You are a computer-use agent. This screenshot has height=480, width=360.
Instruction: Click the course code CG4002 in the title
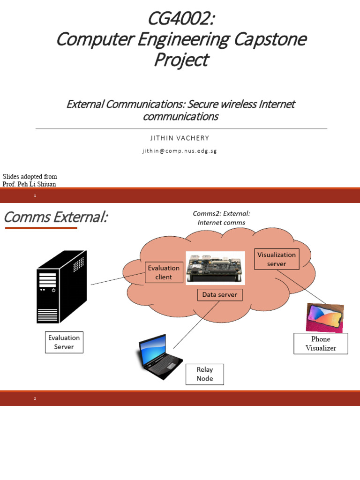tap(180, 19)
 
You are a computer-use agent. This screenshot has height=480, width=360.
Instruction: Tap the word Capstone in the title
tap(269, 39)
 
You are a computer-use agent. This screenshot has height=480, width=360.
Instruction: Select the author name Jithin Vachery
tap(180, 138)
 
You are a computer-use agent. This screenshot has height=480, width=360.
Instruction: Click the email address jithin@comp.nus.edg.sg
tap(180, 151)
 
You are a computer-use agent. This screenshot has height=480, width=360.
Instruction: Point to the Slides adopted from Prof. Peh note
tap(30, 180)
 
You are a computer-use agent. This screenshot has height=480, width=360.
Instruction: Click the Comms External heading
tap(55, 217)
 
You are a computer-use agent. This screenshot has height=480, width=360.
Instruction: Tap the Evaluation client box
tap(164, 272)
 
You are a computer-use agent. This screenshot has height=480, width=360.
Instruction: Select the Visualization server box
tap(277, 259)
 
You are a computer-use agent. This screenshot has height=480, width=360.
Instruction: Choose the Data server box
tap(220, 295)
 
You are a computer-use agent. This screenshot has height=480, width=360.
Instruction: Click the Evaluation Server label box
tap(64, 342)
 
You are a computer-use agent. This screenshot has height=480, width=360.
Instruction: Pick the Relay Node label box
tap(205, 374)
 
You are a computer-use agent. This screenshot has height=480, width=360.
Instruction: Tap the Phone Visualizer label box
tap(321, 344)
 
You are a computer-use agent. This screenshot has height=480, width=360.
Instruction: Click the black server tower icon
tap(61, 287)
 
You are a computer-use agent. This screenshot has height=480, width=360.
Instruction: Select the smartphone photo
tap(324, 317)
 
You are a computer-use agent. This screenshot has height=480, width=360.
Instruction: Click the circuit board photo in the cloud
tap(215, 268)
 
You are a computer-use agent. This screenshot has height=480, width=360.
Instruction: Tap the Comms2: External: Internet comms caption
tap(221, 218)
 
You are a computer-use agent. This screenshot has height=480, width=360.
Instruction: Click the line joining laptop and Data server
tap(196, 324)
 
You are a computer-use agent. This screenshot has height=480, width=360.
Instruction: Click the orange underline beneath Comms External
tap(41, 228)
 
